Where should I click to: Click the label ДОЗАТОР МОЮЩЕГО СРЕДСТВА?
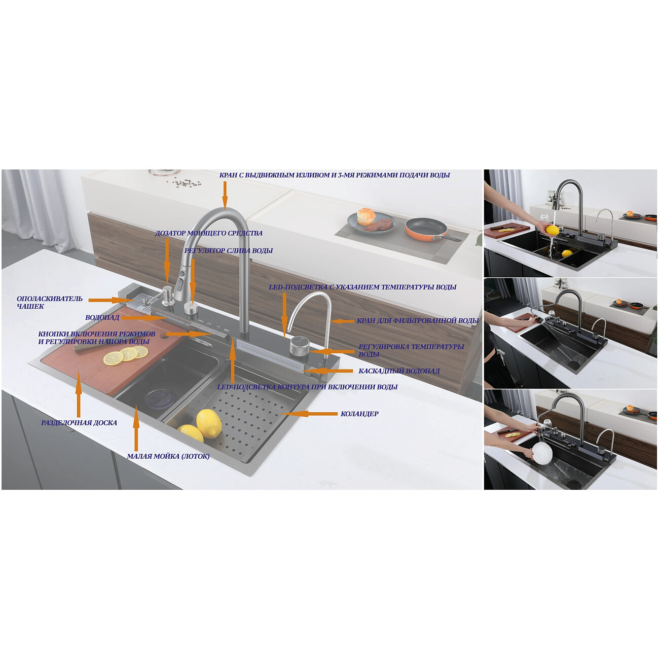209,233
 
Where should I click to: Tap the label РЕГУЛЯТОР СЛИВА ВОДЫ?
229,250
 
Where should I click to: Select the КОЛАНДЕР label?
359,414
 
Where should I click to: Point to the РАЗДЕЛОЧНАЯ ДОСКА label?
79,423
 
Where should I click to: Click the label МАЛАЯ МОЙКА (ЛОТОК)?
168,456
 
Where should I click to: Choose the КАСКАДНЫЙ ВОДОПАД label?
399,371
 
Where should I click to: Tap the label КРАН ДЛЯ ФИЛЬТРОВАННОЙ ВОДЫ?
418,321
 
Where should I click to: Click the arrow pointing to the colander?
309,414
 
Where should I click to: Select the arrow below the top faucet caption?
225,195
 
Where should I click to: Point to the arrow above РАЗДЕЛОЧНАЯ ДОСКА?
78,395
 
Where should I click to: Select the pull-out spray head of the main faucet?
181,284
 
